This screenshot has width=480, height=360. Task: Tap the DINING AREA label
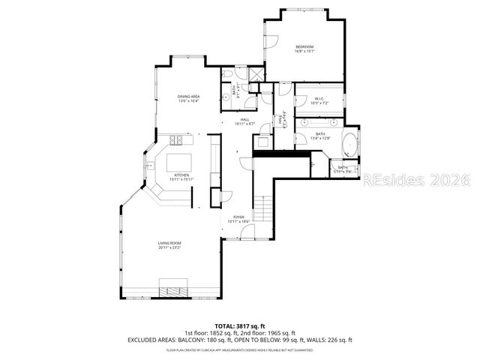188,97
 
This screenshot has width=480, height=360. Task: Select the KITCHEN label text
181,175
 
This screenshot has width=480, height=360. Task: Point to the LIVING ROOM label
169,244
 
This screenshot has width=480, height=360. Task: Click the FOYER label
238,217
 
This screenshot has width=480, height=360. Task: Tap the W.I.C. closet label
319,98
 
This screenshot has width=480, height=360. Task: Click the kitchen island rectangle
180,163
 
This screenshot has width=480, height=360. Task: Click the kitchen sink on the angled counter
150,166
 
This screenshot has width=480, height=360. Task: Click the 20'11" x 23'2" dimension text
169,248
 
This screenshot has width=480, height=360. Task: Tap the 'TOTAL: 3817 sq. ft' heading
239,325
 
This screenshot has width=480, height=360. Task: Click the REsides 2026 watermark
416,181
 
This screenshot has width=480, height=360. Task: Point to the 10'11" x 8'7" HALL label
244,123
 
